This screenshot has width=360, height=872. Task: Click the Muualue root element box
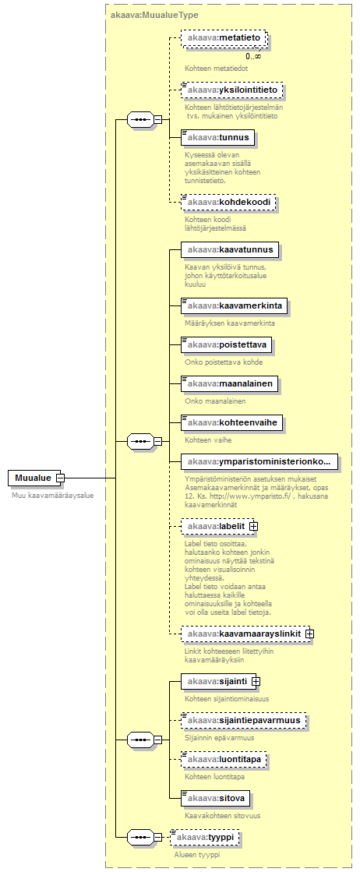(x=34, y=478)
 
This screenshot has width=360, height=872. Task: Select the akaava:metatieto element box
(x=223, y=37)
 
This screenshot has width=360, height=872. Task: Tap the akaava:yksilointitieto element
(x=231, y=90)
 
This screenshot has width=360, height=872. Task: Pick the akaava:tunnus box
(x=217, y=137)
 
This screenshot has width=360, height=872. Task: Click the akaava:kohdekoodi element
(x=228, y=203)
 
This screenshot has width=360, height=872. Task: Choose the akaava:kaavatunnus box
(x=230, y=249)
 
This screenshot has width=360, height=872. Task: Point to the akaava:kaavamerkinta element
(x=235, y=305)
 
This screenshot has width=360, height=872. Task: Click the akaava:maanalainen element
(x=229, y=383)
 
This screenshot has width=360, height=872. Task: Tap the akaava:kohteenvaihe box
(x=232, y=422)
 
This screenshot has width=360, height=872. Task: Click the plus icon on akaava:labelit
(x=253, y=525)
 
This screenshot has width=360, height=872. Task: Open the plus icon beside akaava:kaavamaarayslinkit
(x=309, y=634)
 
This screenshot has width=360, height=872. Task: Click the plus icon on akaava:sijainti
(x=256, y=681)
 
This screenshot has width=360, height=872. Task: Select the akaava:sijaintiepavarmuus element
(x=244, y=720)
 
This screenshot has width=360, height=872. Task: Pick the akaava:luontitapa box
(x=224, y=759)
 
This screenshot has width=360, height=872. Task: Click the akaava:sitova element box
(x=215, y=799)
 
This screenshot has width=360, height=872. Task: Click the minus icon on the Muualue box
(x=60, y=478)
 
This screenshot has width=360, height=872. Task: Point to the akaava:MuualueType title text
(x=155, y=15)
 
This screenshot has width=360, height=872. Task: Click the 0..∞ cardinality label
(x=254, y=56)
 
